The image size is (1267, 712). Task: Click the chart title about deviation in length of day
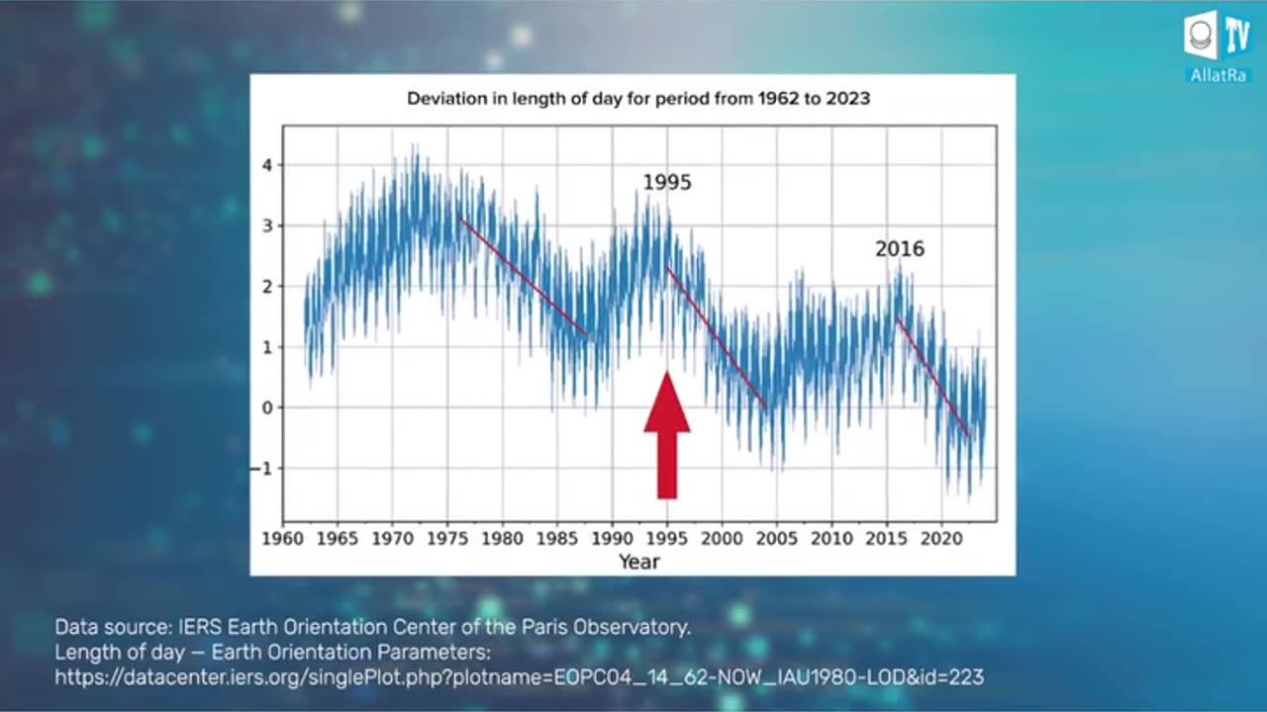tap(638, 99)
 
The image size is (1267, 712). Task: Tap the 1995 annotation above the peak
tap(667, 183)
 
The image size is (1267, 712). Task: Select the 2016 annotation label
tap(899, 249)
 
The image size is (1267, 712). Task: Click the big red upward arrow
tap(667, 435)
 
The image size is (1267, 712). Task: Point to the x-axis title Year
tap(638, 562)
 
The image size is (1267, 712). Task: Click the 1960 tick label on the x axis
tap(283, 539)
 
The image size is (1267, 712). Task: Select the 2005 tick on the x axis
tap(777, 539)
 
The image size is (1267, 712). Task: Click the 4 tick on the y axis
tap(266, 165)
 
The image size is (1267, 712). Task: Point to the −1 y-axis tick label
tap(262, 468)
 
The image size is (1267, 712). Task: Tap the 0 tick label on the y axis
tap(266, 407)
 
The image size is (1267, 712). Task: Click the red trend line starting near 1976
tap(525, 277)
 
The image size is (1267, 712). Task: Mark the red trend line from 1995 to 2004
tap(717, 337)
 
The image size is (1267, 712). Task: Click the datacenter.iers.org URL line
tap(519, 677)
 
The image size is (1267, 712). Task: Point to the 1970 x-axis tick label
tap(393, 539)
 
